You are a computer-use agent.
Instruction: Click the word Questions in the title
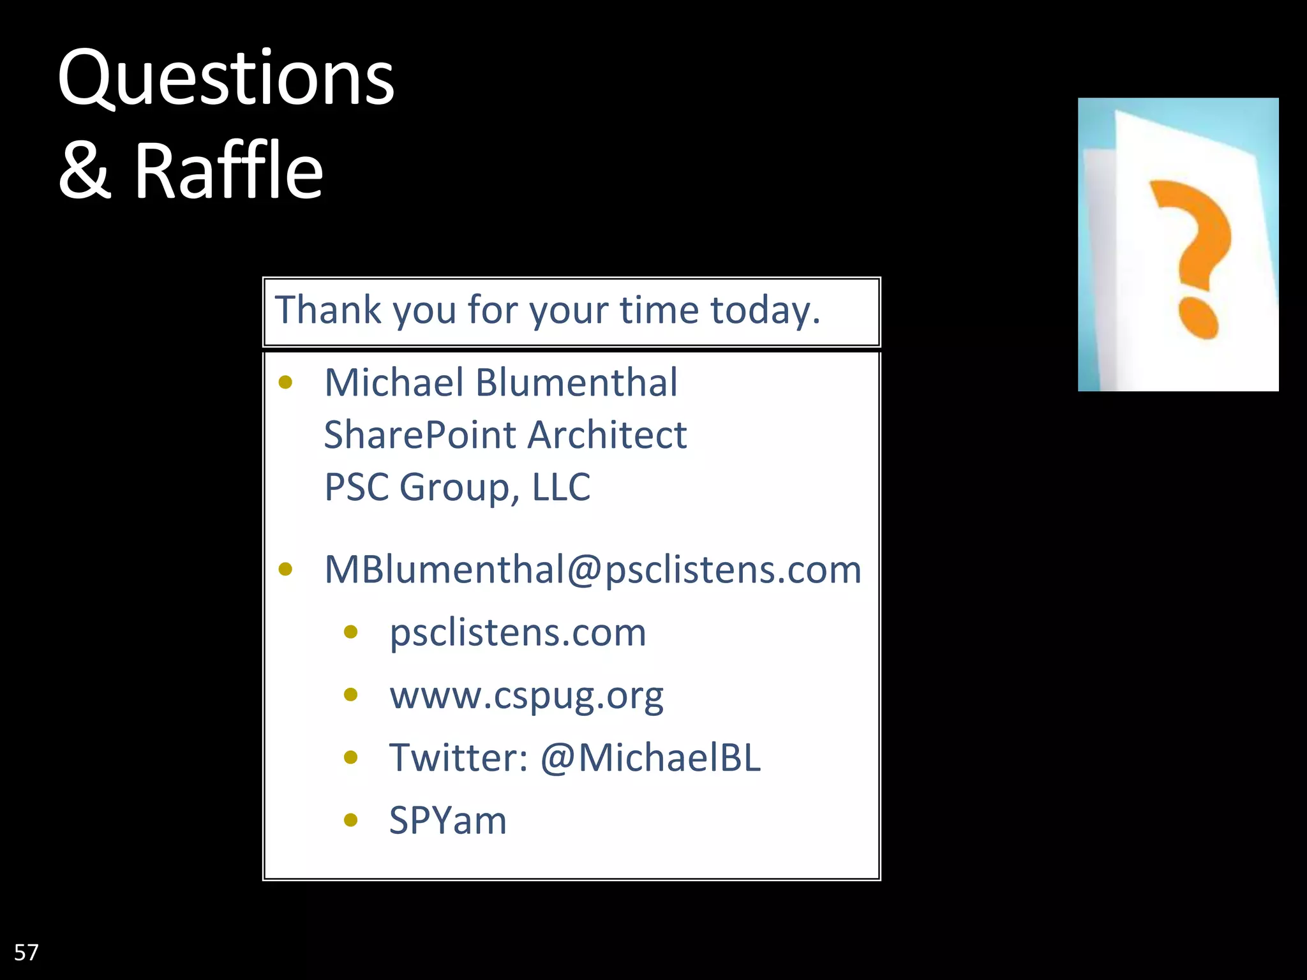pos(226,79)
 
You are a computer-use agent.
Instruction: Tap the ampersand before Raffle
pos(85,170)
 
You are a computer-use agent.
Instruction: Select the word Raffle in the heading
pos(228,170)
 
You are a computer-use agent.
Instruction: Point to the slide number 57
pos(26,953)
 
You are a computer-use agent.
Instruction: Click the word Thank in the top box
pos(328,311)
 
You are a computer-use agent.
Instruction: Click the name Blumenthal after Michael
pos(576,383)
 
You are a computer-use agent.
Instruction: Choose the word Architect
pos(607,435)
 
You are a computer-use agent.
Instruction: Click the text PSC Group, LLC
pos(458,487)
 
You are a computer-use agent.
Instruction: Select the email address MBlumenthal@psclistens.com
pos(593,569)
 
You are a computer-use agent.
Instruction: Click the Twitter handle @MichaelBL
pos(650,758)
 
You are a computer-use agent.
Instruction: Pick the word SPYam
pos(448,820)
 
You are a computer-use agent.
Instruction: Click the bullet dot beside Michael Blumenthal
pos(285,383)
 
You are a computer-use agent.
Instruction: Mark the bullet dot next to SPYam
pos(350,820)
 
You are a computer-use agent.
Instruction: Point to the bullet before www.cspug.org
pos(350,695)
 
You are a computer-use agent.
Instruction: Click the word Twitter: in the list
pos(459,758)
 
